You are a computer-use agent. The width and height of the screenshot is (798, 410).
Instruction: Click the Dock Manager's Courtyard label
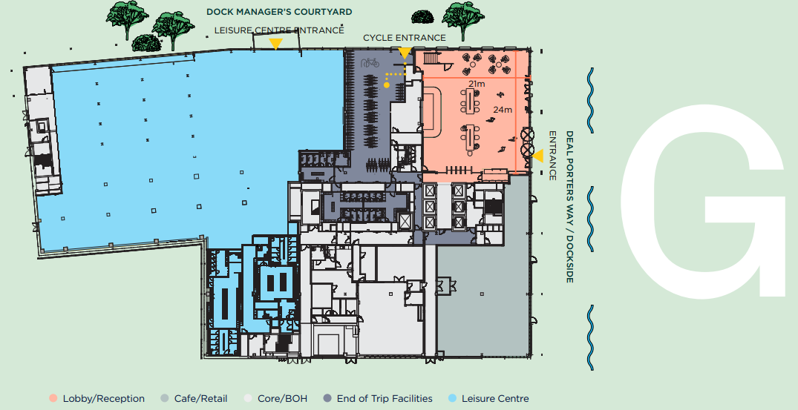(279, 12)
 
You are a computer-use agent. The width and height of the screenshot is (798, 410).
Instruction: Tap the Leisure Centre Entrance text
(279, 30)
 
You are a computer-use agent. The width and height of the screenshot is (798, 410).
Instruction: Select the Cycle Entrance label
(404, 38)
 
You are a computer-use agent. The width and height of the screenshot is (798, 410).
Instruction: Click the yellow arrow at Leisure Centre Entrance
(275, 44)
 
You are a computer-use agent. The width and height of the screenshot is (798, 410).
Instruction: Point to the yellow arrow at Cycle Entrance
(405, 53)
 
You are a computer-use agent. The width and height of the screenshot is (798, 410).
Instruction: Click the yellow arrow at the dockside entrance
(538, 156)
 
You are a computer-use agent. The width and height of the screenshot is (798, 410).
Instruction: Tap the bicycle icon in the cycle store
(370, 63)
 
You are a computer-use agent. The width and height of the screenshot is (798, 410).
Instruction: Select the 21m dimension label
(477, 83)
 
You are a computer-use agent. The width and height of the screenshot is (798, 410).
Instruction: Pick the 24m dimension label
(503, 109)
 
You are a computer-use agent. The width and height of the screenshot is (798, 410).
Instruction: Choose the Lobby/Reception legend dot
(53, 399)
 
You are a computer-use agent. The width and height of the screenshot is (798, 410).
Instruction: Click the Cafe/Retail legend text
(200, 399)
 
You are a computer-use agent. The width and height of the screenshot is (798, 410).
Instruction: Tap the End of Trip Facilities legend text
(385, 399)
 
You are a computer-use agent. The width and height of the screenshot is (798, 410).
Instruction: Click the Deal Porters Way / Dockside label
(569, 207)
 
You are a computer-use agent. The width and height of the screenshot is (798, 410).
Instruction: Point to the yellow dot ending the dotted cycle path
(387, 85)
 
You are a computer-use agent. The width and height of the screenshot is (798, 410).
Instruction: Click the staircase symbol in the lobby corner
(431, 57)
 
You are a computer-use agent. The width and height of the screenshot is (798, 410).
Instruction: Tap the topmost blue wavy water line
(590, 100)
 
